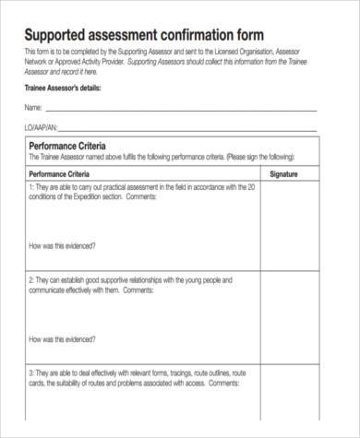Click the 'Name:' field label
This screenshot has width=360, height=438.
coord(33,108)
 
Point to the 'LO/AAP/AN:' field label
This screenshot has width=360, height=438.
coord(42,127)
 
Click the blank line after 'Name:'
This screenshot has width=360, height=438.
coord(185,111)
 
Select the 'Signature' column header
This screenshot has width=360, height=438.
coord(283,173)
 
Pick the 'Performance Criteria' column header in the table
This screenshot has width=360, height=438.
coord(66,173)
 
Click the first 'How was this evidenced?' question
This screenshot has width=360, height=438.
coord(64,246)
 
